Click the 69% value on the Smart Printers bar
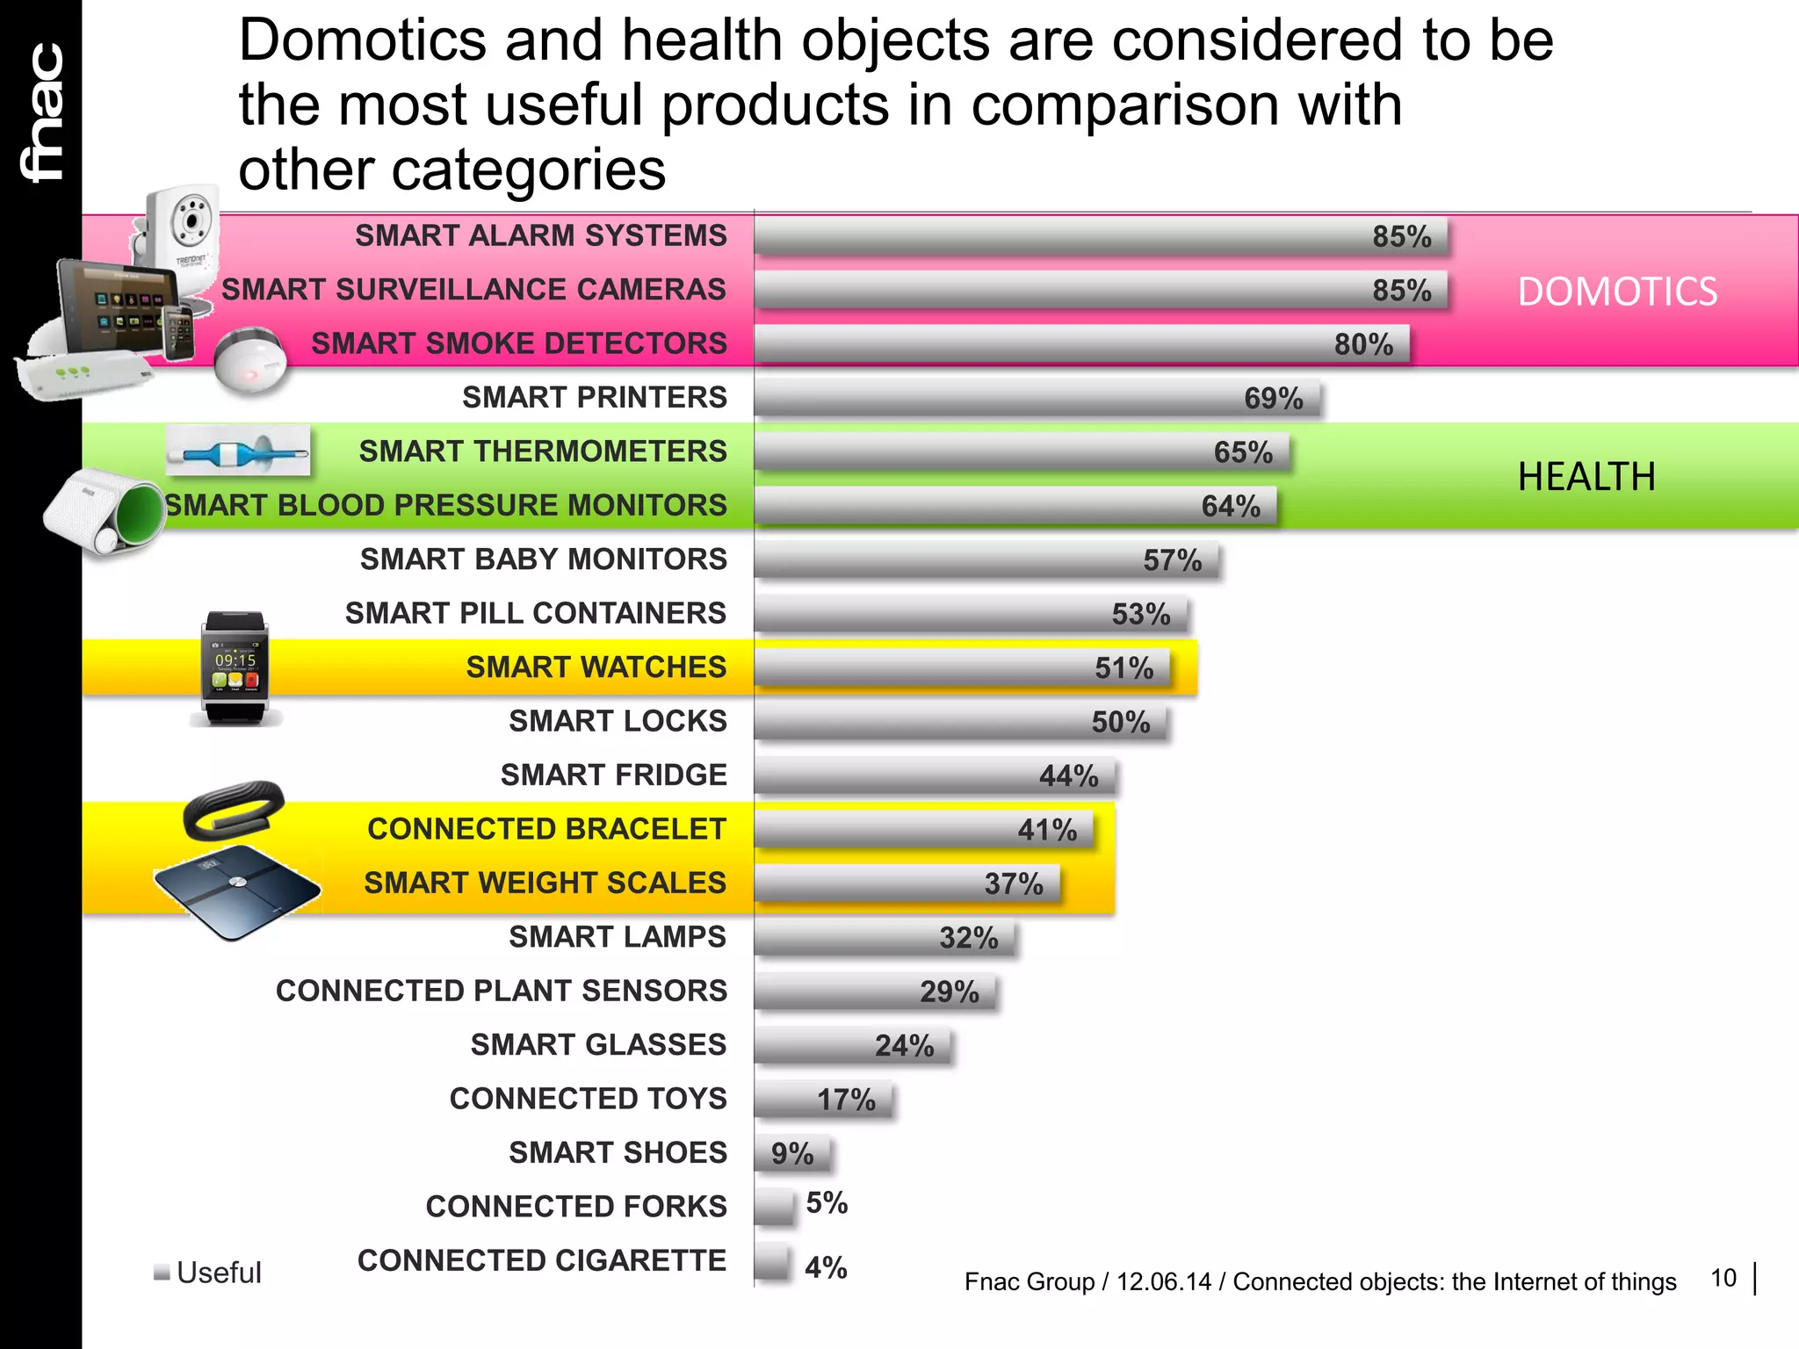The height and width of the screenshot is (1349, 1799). tap(1273, 399)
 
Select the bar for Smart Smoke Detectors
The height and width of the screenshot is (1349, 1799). tap(1080, 343)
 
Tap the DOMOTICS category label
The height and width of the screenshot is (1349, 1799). tap(1617, 292)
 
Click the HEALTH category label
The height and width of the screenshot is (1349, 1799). tap(1586, 477)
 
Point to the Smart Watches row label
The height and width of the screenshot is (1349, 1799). tap(596, 667)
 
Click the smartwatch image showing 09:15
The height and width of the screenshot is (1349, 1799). tap(235, 667)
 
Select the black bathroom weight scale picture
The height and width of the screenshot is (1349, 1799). tap(237, 889)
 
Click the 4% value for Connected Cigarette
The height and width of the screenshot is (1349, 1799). tap(826, 1267)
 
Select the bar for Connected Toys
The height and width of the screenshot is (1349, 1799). tap(822, 1100)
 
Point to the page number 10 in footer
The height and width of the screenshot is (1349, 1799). tap(1723, 1278)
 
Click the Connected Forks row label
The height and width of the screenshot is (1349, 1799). tap(576, 1207)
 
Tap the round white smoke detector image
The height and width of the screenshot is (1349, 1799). tap(250, 361)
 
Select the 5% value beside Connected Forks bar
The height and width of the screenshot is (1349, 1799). tap(827, 1202)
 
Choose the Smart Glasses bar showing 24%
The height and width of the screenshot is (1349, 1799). tap(852, 1046)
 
